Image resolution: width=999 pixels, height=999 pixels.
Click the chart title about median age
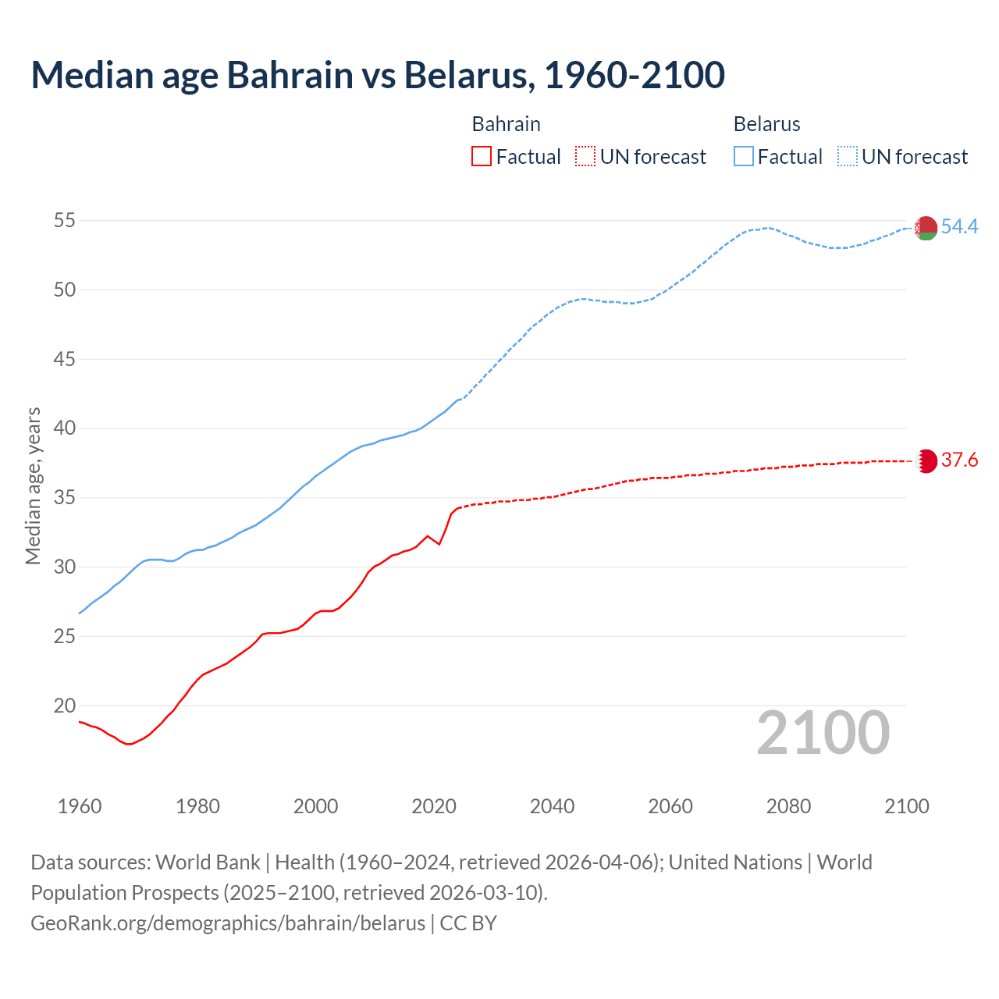click(378, 75)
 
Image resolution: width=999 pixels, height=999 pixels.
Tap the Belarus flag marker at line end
click(926, 228)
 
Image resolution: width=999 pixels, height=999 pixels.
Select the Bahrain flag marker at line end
click(926, 460)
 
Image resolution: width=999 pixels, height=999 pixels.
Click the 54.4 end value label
click(959, 227)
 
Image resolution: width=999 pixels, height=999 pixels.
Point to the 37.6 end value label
click(959, 460)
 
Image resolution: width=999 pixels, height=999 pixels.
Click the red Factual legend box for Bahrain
click(482, 157)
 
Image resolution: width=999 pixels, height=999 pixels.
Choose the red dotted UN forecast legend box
click(585, 157)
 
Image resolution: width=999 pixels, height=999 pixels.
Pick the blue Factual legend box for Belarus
click(744, 157)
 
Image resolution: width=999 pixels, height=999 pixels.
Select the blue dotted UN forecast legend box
click(848, 157)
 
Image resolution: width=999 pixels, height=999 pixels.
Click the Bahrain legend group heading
click(506, 124)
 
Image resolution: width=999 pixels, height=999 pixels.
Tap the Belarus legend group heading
click(766, 124)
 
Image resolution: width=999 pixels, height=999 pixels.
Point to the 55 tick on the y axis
click(65, 221)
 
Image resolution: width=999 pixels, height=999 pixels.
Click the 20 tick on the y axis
click(65, 706)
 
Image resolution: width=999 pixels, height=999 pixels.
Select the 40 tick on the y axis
click(65, 428)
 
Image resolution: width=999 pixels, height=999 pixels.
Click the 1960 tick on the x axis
click(80, 806)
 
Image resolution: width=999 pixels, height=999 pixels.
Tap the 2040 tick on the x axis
click(552, 806)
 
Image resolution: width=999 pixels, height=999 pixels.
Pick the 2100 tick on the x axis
click(906, 806)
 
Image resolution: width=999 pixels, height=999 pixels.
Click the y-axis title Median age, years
click(33, 485)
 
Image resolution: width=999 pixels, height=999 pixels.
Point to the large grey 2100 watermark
click(823, 733)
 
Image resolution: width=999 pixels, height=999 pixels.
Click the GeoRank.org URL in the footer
click(228, 923)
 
